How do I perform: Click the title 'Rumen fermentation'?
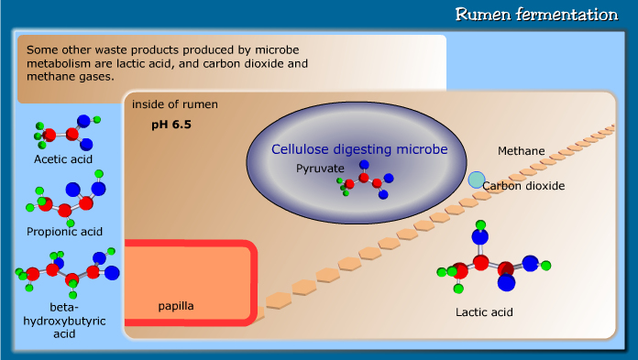coord(536,15)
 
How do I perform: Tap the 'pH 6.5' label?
coord(171,124)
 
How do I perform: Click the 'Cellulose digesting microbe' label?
coord(359,148)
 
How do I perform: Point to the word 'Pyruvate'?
coord(320,169)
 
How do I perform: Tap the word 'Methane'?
coord(522,150)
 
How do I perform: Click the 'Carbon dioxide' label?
coord(523,186)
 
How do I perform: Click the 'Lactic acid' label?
coord(485,312)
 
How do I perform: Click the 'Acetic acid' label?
coord(63,159)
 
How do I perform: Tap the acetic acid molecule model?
coord(64,133)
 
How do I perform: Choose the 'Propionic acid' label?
coord(64,231)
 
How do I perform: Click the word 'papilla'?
coord(175,305)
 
